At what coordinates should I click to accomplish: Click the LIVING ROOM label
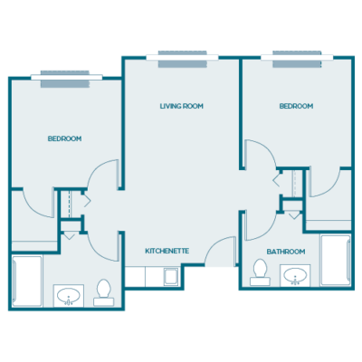click(x=182, y=106)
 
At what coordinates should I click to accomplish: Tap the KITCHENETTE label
click(x=167, y=251)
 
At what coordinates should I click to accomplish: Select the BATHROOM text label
click(x=286, y=252)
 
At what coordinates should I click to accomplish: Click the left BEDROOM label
click(x=64, y=138)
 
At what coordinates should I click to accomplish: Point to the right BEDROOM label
click(x=296, y=106)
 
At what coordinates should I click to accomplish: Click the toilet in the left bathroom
click(x=104, y=292)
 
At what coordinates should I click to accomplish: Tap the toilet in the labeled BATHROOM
click(x=260, y=272)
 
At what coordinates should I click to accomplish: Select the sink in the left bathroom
click(x=69, y=296)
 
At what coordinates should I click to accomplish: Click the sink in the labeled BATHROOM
click(x=295, y=276)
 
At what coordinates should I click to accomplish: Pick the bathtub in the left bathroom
click(x=27, y=281)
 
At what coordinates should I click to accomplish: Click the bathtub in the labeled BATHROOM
click(x=336, y=260)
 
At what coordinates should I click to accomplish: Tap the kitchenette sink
click(x=171, y=277)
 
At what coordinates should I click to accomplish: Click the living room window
click(x=183, y=59)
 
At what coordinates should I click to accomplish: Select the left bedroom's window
click(x=67, y=79)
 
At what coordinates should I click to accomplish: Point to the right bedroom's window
click(x=297, y=59)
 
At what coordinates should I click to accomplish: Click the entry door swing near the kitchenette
click(x=221, y=252)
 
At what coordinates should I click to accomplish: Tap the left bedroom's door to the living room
click(x=103, y=174)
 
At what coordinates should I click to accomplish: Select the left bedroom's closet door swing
click(x=38, y=204)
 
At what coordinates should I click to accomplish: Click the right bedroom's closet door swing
click(x=325, y=183)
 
